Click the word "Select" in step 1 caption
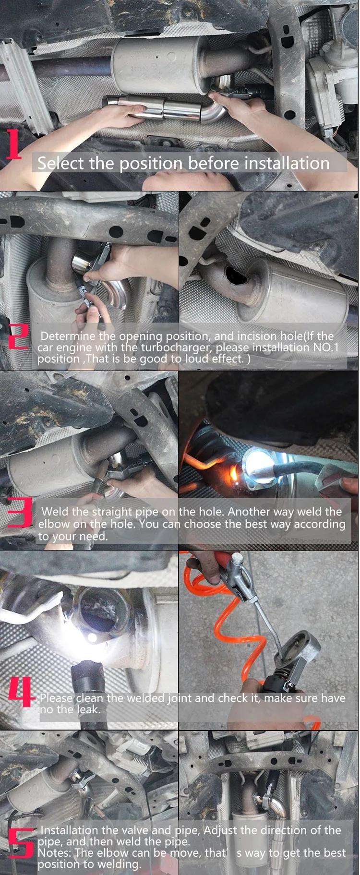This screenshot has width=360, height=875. [x=61, y=163]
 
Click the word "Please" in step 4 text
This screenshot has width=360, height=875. [x=56, y=698]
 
